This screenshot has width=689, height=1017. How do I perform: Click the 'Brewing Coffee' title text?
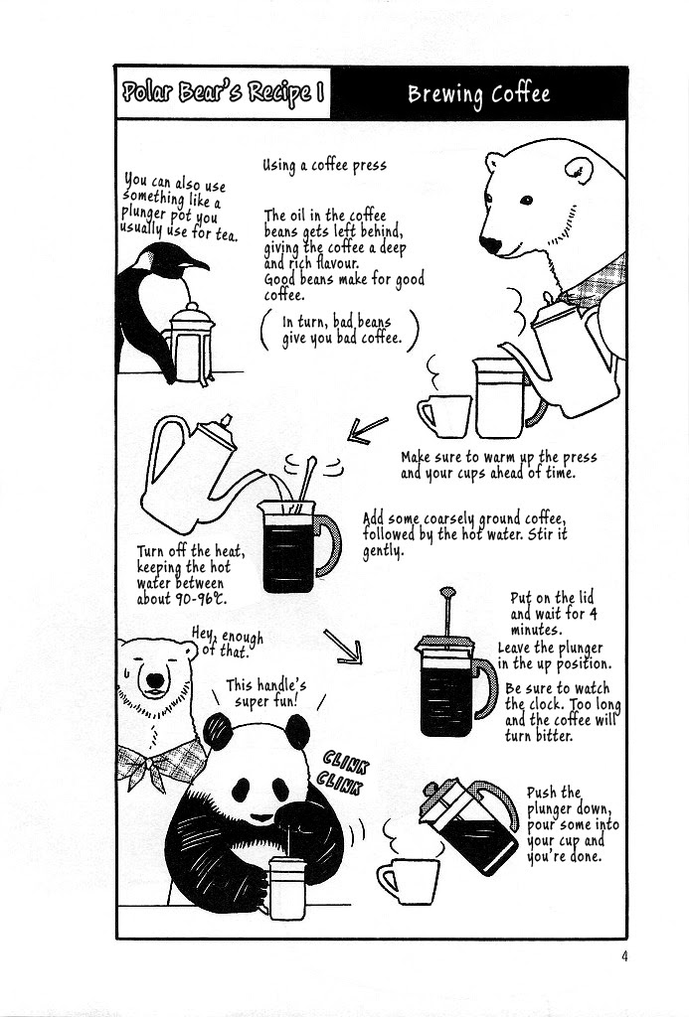[478, 94]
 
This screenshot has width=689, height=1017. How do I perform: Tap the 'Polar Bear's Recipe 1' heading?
[223, 93]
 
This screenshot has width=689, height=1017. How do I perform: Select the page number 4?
[624, 956]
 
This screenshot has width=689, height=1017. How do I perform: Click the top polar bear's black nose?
[490, 244]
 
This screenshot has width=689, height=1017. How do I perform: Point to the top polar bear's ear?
[579, 171]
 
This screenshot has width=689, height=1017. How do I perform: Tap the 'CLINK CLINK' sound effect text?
[344, 773]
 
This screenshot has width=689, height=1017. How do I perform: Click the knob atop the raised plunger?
[447, 592]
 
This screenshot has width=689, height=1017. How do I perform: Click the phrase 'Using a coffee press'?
[325, 166]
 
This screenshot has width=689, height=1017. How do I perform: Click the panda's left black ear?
[218, 731]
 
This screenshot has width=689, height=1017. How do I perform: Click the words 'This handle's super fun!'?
[266, 693]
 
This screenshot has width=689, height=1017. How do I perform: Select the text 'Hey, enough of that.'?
[228, 642]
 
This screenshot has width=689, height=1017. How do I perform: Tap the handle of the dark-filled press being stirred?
[328, 545]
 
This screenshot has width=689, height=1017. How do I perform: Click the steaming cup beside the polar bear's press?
[444, 416]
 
